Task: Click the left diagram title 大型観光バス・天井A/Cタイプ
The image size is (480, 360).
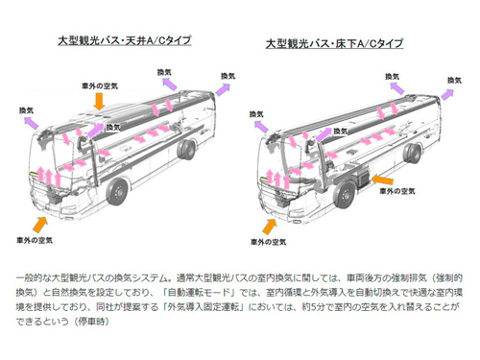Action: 125,40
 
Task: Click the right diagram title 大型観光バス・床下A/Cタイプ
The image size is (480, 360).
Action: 334,43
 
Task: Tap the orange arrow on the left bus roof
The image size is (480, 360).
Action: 99,101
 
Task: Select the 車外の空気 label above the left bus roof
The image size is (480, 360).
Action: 100,85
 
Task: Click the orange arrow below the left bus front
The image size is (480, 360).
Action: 40,225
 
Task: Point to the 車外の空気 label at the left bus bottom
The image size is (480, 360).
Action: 35,240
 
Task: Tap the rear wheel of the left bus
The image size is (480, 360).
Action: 186,150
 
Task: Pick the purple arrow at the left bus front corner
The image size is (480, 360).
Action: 32,123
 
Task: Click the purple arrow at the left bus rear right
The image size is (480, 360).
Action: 223,89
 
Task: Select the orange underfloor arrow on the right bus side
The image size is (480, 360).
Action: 382,180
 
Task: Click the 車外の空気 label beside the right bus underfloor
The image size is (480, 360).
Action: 397,191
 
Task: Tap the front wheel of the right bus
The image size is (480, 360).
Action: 346,194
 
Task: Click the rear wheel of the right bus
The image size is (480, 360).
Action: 413,154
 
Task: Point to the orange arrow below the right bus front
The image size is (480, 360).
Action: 270,227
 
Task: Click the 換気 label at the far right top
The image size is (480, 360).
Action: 454,80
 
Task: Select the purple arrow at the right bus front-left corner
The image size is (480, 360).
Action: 261,127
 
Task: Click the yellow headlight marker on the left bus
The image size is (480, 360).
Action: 34,175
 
